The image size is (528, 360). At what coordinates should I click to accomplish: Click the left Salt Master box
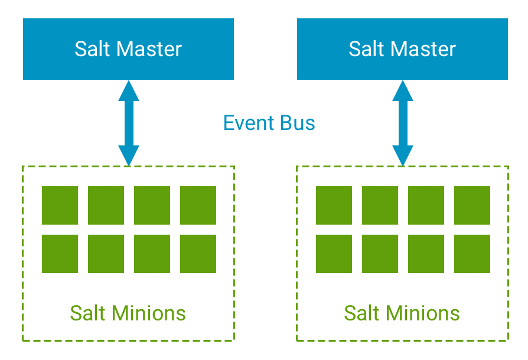point(128,49)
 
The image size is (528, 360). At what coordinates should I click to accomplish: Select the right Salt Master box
point(402,49)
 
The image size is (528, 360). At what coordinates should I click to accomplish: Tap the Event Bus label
point(269,123)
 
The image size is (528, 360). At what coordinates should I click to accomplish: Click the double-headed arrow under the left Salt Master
point(128,123)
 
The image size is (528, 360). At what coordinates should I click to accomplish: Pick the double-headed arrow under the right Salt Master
point(403,123)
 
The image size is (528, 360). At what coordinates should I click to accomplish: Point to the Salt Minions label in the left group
point(128,313)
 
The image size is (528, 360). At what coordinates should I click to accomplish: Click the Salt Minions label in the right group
point(402,313)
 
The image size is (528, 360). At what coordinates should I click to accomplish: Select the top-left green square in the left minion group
point(60,205)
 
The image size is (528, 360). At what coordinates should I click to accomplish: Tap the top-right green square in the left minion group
point(198,205)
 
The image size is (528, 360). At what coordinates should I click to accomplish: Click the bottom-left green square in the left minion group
point(60,254)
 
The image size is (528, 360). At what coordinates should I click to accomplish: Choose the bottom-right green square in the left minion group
point(198,254)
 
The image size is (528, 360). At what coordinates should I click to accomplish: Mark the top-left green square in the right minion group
point(334,205)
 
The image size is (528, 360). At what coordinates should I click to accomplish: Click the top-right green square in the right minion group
point(472,205)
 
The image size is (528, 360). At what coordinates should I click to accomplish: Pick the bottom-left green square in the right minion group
point(334,254)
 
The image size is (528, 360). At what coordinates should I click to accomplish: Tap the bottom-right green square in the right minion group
point(472,254)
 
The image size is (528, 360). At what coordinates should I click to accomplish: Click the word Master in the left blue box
point(148,49)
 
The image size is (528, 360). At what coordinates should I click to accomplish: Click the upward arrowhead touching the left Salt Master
point(128,90)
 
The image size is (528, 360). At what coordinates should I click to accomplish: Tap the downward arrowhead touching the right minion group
point(403,155)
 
